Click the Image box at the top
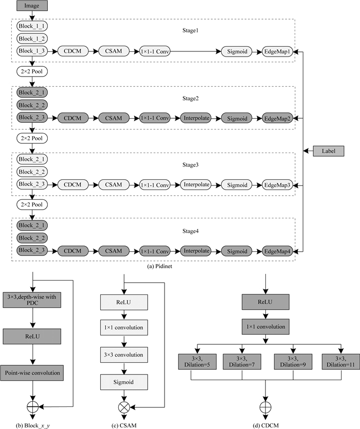(x=32, y=6)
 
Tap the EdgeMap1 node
(x=278, y=51)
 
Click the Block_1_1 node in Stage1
(x=32, y=26)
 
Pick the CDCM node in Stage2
(x=74, y=118)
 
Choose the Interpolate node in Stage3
(x=196, y=184)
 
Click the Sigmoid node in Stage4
(x=237, y=251)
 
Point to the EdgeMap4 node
(x=278, y=251)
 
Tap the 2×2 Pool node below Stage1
(x=32, y=72)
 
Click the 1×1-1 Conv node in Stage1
(x=155, y=51)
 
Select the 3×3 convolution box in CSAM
(x=124, y=355)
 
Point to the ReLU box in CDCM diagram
(x=265, y=304)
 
